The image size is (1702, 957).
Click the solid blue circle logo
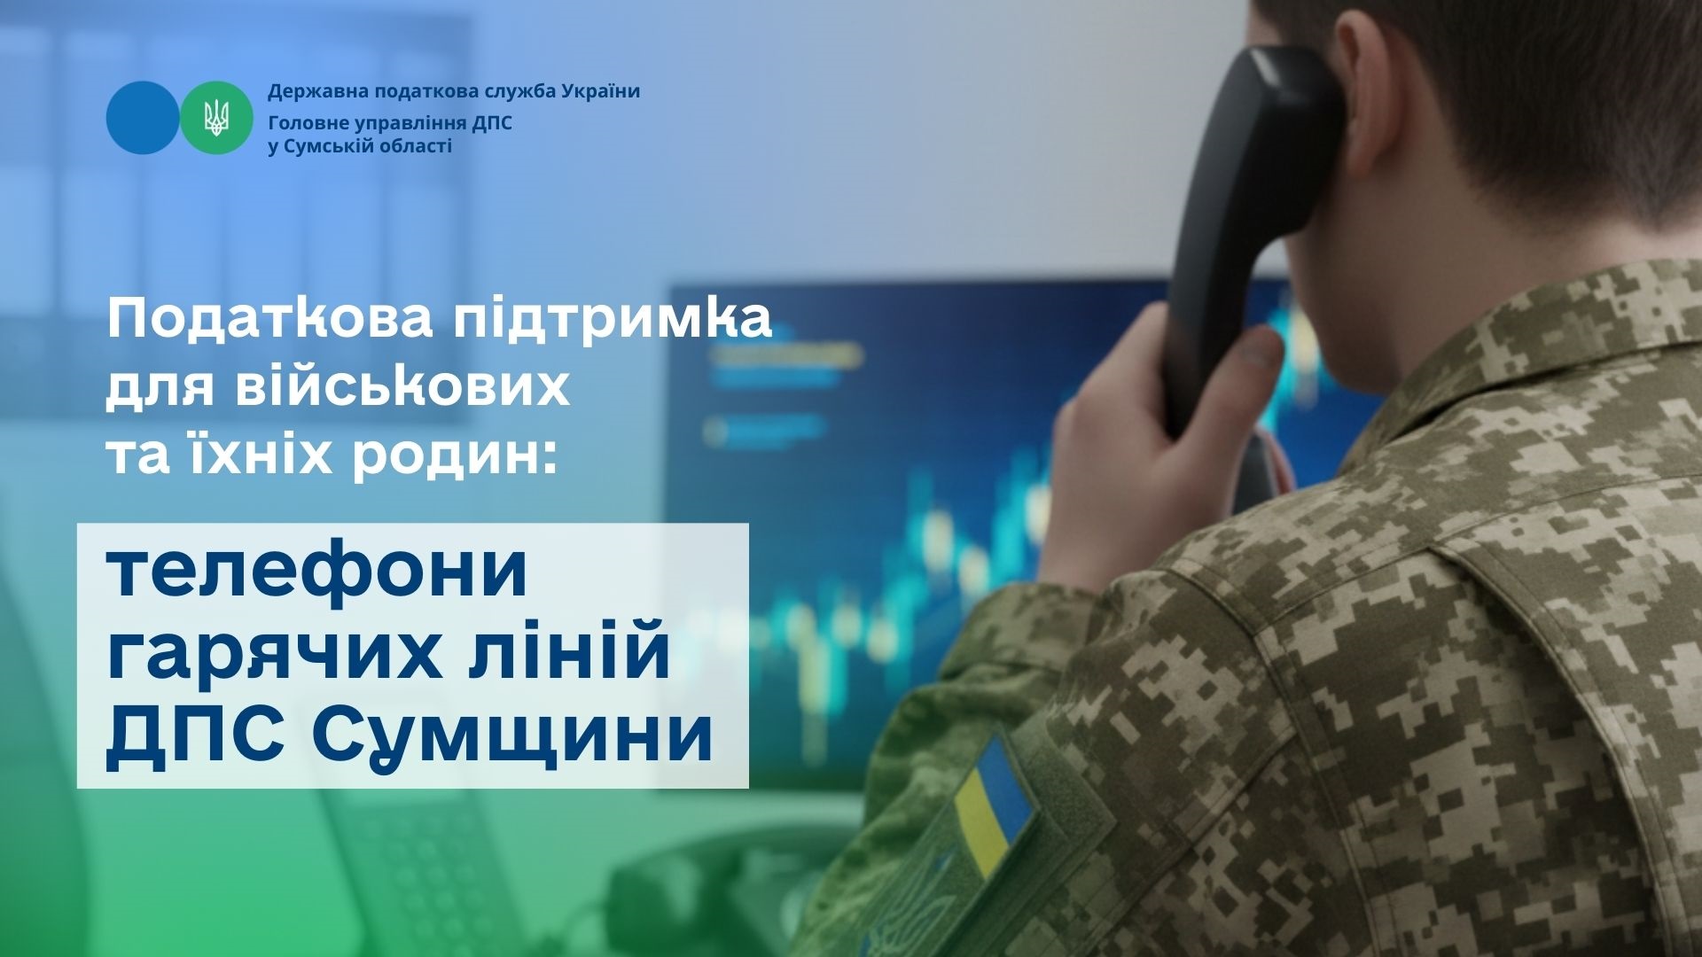(x=143, y=118)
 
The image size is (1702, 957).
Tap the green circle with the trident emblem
(x=216, y=118)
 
